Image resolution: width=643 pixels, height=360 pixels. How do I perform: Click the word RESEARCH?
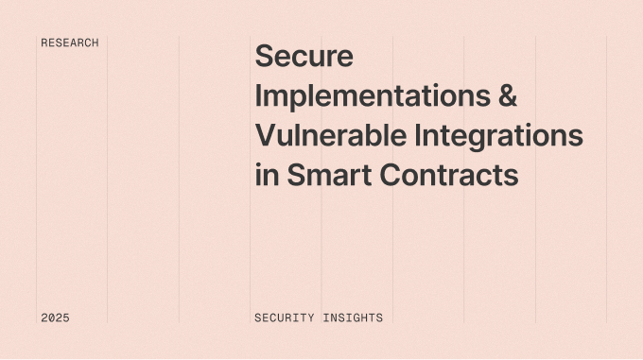[70, 43]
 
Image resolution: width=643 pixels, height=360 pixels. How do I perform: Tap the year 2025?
[55, 318]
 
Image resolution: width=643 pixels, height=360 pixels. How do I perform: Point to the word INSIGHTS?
[353, 318]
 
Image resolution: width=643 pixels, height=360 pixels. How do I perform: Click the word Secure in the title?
[304, 57]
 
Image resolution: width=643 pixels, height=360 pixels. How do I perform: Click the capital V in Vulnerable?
[266, 136]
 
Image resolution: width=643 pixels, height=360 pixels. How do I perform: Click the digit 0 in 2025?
[51, 318]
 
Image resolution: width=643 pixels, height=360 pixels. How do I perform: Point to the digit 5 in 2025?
[65, 318]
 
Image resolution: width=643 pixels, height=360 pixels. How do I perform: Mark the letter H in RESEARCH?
[95, 43]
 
